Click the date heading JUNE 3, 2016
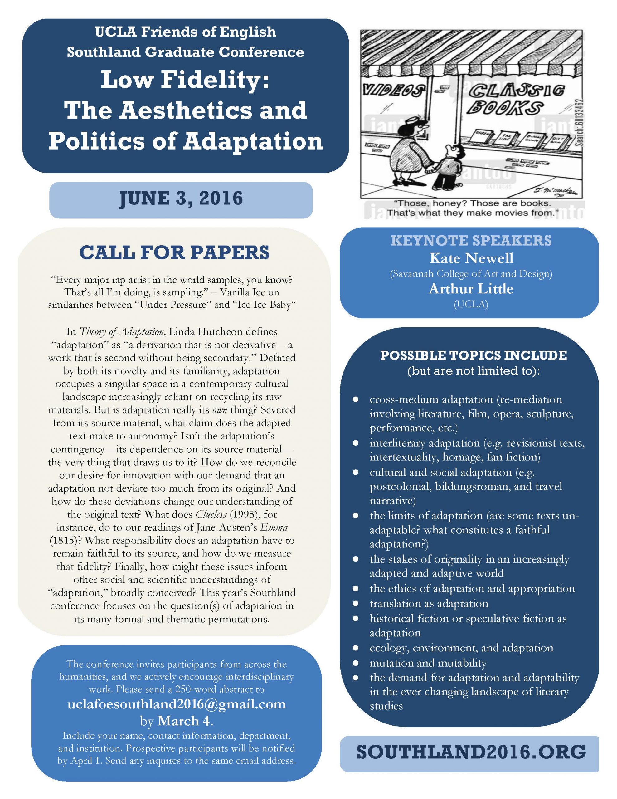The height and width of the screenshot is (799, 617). pyautogui.click(x=181, y=199)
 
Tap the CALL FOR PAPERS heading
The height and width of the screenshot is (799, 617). pyautogui.click(x=174, y=252)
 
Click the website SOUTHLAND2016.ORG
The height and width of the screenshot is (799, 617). pyautogui.click(x=471, y=752)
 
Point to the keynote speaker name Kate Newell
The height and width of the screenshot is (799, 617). pyautogui.click(x=471, y=258)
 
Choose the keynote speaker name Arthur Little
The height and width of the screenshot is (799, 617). pyautogui.click(x=471, y=289)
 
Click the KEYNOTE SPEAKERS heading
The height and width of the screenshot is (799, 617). pyautogui.click(x=471, y=240)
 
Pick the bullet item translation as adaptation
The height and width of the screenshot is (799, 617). pyautogui.click(x=429, y=603)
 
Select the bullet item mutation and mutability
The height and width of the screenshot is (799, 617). pyautogui.click(x=428, y=663)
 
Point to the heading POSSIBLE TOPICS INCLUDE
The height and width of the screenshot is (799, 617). pyautogui.click(x=473, y=355)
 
